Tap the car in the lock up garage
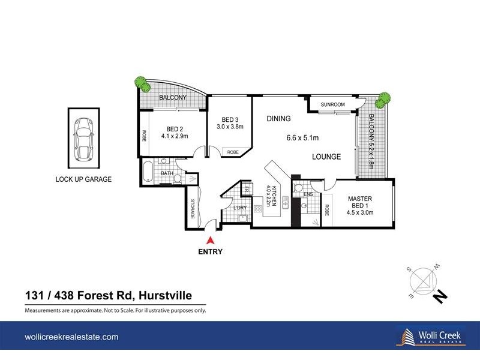tap(84, 139)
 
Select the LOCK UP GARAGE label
tap(84, 179)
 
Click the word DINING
tap(278, 119)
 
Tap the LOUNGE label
tap(326, 157)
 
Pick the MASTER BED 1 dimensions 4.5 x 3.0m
tap(360, 212)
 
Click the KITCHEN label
tap(273, 195)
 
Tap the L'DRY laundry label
tap(241, 208)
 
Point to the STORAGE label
tap(193, 208)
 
